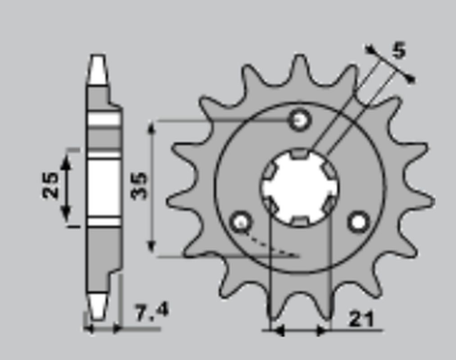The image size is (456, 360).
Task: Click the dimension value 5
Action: click(399, 51)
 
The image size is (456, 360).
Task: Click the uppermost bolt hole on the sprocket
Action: click(300, 121)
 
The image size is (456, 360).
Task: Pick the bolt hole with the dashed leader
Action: click(241, 223)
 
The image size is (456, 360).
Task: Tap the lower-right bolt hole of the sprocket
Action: click(358, 222)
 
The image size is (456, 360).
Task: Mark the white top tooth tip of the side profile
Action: click(97, 66)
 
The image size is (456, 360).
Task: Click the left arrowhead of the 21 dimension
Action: click(276, 331)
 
